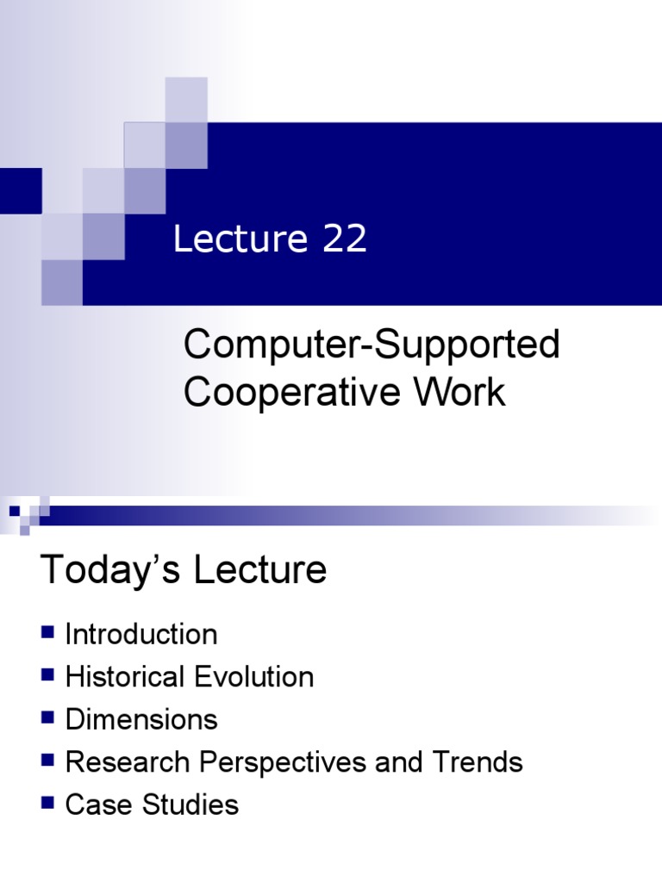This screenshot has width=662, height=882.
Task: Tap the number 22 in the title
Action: tap(345, 239)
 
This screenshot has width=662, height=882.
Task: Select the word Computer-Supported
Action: tap(372, 346)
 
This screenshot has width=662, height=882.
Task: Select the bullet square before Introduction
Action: tap(47, 633)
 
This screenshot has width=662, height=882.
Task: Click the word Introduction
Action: tap(141, 635)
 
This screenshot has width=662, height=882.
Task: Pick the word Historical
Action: tap(124, 677)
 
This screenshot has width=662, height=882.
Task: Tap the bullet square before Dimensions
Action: tap(47, 717)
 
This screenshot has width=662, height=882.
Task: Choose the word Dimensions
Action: tap(141, 719)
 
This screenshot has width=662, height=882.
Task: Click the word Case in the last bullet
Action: tap(91, 804)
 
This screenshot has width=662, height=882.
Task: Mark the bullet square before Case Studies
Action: tap(47, 803)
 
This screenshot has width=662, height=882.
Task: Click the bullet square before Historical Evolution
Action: tap(47, 675)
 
